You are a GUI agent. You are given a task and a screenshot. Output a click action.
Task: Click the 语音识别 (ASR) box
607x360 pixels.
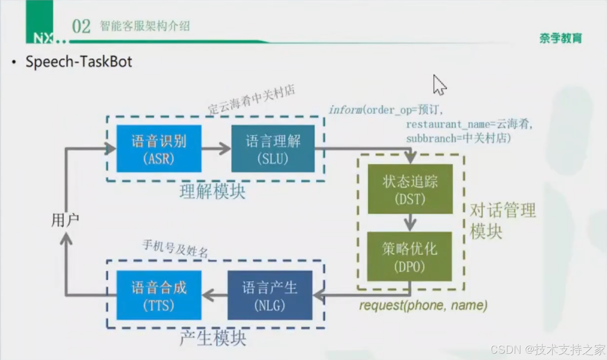[159, 149]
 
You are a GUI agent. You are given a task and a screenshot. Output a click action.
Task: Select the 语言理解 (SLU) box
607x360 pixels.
[273, 149]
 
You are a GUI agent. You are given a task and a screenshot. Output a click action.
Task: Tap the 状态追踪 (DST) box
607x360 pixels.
[410, 189]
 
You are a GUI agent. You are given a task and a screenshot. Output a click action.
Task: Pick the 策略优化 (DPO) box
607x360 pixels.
[409, 256]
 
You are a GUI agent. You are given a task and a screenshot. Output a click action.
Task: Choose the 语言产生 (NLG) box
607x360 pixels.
[270, 295]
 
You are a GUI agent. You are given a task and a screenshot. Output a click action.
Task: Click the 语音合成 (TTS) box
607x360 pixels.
[159, 295]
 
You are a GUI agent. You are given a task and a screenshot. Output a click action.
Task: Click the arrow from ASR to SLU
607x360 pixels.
[216, 149]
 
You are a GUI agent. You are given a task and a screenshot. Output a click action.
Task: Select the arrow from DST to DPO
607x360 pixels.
[410, 222]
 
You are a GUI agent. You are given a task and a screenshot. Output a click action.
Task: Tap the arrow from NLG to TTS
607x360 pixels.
[215, 295]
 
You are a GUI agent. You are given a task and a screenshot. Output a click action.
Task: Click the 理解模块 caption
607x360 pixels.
[212, 191]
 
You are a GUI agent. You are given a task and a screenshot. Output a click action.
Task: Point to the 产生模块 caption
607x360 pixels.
[213, 338]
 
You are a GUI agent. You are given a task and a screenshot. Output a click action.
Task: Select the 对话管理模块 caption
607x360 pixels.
[502, 220]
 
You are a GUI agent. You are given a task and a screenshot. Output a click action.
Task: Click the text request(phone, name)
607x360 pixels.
[423, 305]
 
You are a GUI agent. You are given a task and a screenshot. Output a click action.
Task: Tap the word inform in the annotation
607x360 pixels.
[345, 109]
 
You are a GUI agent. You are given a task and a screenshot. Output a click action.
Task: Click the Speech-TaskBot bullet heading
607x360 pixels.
[79, 62]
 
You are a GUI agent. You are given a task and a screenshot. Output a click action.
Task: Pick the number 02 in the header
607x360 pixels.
[81, 27]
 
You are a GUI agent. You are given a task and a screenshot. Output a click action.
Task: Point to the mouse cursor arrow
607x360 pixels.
[438, 84]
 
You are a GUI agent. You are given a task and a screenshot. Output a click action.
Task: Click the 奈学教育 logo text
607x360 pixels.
[560, 38]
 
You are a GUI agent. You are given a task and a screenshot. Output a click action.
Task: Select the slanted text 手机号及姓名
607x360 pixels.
[175, 249]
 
